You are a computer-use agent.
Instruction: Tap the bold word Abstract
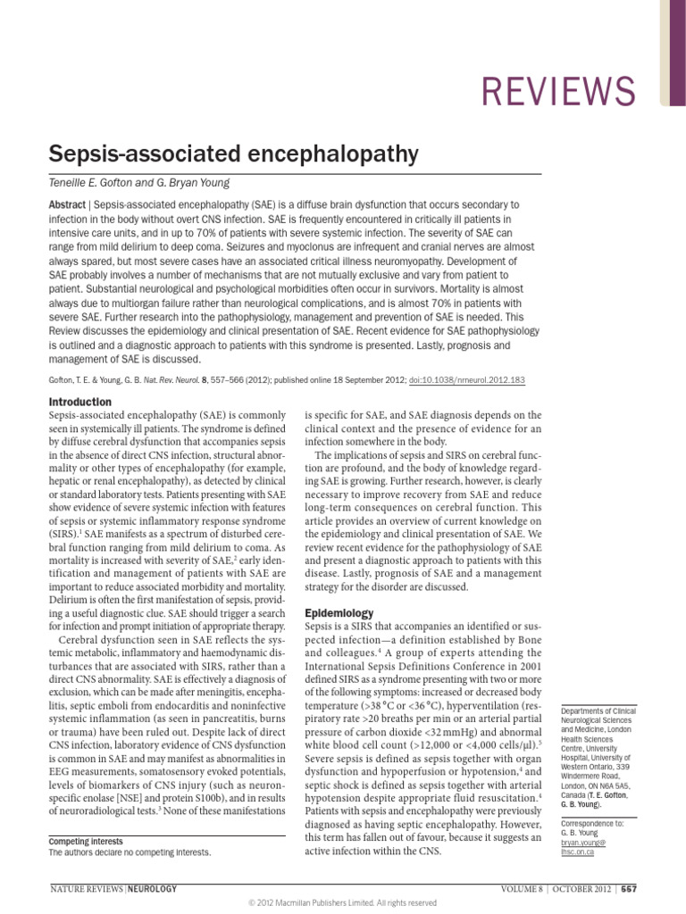point(67,204)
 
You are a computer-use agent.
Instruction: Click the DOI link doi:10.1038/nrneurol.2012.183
point(468,380)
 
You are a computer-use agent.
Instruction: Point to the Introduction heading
point(79,402)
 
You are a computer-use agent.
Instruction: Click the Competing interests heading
point(85,841)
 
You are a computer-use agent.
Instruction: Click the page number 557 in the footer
point(629,889)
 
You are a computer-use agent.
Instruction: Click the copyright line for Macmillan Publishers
point(342,903)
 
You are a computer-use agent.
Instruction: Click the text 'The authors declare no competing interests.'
point(130,852)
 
